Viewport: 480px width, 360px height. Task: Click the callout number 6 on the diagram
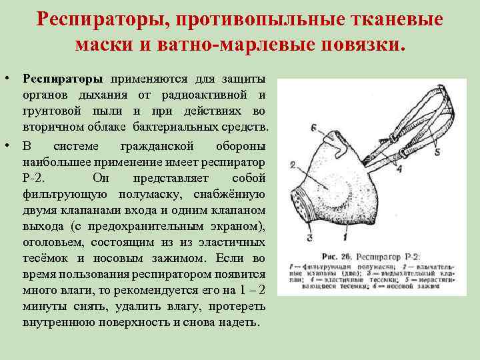point(313,127)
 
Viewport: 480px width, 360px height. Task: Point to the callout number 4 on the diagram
point(399,169)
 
